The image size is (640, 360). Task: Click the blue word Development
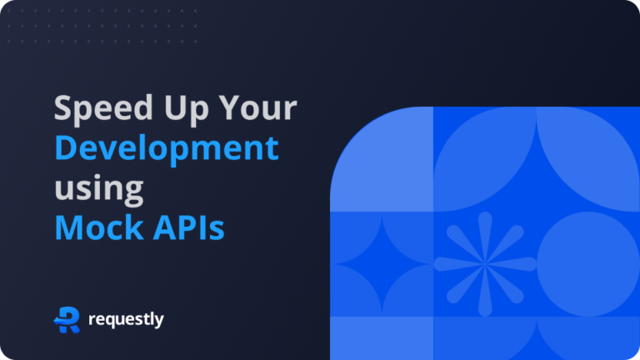[167, 149]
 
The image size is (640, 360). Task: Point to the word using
[99, 188]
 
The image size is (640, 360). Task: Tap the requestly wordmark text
[125, 320]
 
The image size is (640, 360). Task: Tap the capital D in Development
[67, 149]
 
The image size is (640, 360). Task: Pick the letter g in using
[132, 191]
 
